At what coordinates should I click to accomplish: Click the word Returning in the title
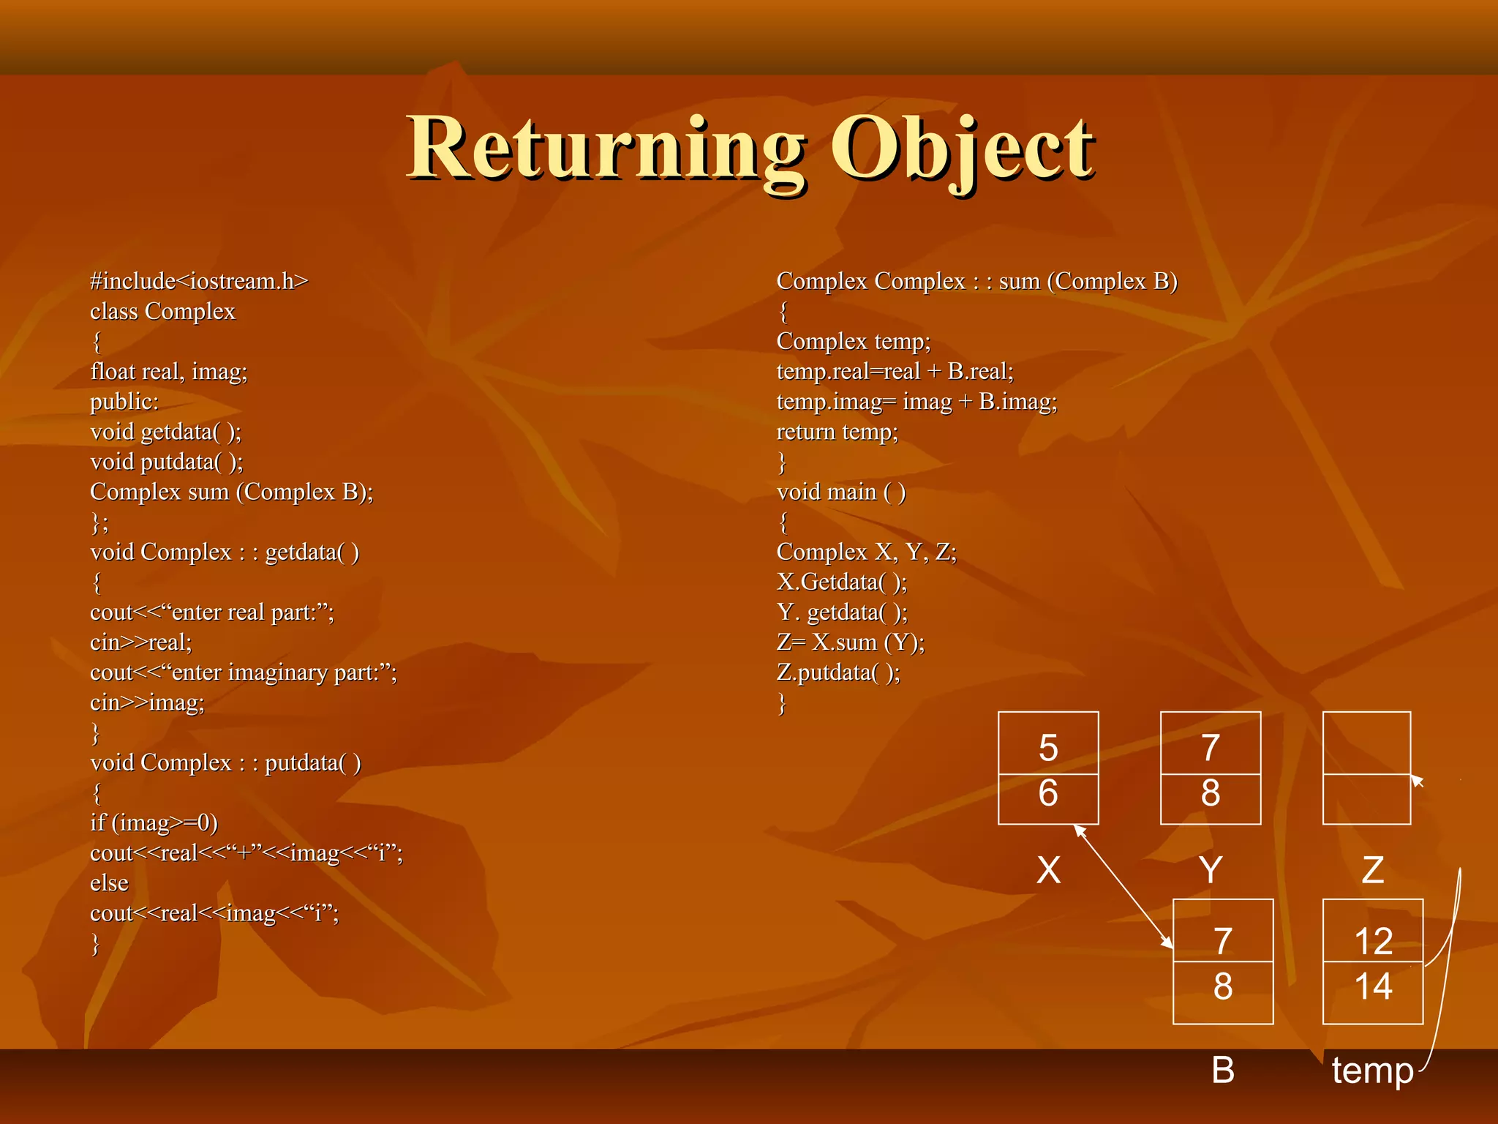click(x=606, y=148)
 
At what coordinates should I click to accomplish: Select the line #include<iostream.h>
click(x=199, y=281)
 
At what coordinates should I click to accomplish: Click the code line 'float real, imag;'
click(x=169, y=372)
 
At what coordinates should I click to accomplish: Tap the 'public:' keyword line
click(x=124, y=402)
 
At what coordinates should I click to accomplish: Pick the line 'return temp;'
click(x=837, y=432)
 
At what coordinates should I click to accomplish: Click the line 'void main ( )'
click(x=841, y=492)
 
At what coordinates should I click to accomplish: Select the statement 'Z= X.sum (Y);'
click(x=851, y=642)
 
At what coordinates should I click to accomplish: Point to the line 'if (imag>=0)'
click(x=154, y=823)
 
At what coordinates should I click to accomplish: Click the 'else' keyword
click(x=109, y=883)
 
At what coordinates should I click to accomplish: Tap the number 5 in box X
click(x=1048, y=748)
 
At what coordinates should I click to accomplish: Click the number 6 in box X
click(x=1048, y=793)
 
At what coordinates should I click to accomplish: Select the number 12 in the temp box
click(x=1373, y=941)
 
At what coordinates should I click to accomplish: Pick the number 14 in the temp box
click(x=1373, y=986)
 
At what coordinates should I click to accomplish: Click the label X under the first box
click(x=1048, y=870)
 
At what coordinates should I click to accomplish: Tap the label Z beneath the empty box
click(x=1372, y=870)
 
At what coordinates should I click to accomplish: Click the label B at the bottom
click(x=1223, y=1070)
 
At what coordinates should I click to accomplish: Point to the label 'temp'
click(x=1372, y=1071)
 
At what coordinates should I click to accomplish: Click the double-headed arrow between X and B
click(x=1123, y=886)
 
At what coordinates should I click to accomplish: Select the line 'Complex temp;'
click(x=854, y=342)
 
